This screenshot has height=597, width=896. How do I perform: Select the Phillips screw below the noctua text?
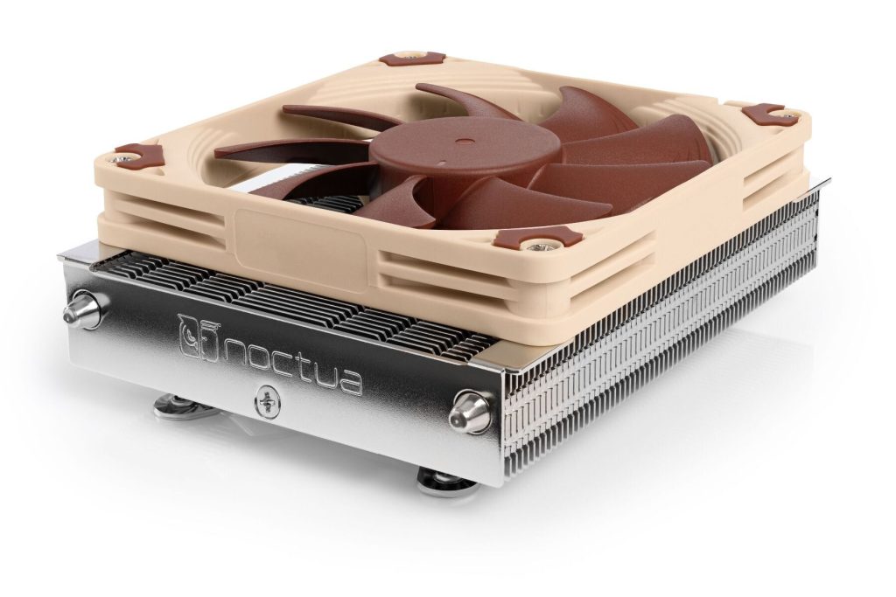coord(265,402)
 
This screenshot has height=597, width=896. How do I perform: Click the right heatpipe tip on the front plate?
coord(470,412)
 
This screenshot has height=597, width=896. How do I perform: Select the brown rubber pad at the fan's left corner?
coord(140,155)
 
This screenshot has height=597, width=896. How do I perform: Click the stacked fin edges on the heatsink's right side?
coord(665,341)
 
